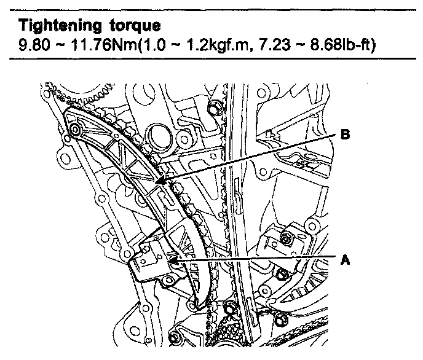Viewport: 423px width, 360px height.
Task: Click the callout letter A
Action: [346, 260]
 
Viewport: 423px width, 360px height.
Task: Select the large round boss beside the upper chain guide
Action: [159, 135]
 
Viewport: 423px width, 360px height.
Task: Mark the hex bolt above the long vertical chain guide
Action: [214, 110]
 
